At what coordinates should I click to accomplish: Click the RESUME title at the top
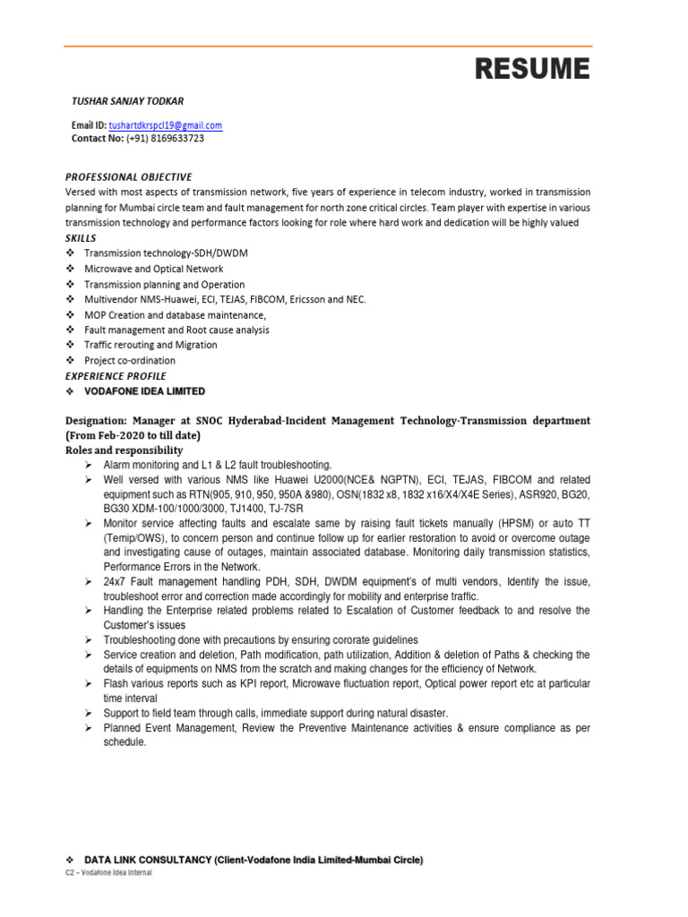click(532, 68)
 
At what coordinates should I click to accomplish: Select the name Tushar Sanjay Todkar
click(127, 101)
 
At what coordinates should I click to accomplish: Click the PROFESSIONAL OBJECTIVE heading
click(129, 177)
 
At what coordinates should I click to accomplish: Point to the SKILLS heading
click(81, 238)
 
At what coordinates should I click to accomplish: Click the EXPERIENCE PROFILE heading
click(116, 376)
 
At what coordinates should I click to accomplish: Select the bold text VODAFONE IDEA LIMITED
click(144, 391)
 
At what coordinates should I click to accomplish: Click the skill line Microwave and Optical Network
click(154, 269)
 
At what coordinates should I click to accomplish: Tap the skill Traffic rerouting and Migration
click(150, 345)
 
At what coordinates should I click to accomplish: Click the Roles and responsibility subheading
click(125, 450)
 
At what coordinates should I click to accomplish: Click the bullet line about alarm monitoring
click(218, 466)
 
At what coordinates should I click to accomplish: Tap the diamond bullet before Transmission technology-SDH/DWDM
click(71, 253)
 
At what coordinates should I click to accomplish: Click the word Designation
click(96, 420)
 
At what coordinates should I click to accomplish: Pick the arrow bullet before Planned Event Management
click(89, 728)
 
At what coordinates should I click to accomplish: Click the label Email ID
click(89, 126)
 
